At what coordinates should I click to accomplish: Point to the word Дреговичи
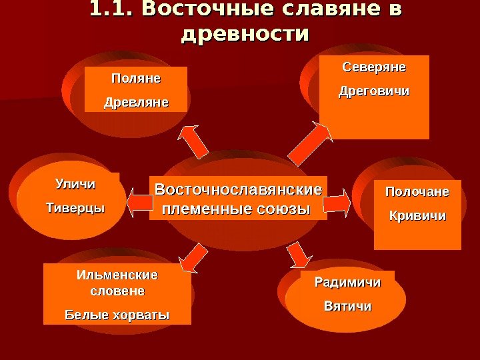(x=374, y=91)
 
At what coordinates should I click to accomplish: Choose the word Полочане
(x=417, y=193)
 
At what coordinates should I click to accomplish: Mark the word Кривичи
(x=417, y=217)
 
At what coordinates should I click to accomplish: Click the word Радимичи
(x=347, y=283)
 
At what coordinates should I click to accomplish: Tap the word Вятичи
(x=347, y=307)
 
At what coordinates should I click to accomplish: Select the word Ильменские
(x=117, y=275)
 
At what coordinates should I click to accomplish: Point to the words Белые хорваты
(x=117, y=314)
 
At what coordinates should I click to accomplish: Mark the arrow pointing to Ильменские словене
(x=193, y=259)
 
